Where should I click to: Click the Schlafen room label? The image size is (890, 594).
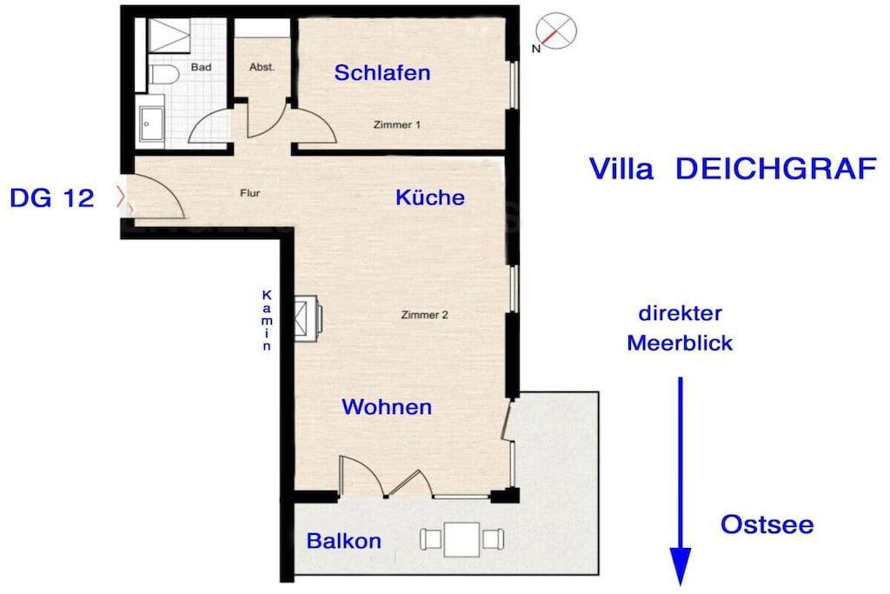382,73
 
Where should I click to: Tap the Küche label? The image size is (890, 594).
429,197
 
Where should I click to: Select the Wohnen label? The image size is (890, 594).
387,407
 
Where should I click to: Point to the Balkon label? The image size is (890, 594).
343,541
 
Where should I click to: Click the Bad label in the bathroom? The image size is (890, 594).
201,67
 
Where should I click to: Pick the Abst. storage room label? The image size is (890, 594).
262,67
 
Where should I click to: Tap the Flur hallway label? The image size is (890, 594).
249,193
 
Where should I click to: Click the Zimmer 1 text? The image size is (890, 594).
396,124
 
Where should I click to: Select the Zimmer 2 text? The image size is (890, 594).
424,315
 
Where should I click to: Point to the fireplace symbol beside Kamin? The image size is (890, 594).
308,318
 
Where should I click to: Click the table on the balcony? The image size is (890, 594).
462,539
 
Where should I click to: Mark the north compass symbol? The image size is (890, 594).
555,31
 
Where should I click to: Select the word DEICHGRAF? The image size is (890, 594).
776,169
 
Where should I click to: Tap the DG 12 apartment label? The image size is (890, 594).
51,198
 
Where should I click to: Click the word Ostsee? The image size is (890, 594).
767,524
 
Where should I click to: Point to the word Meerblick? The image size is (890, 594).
680,343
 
